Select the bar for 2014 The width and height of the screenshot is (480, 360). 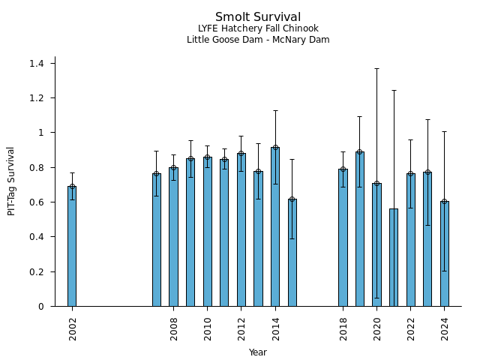coord(275,226)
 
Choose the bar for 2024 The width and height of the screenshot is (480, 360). coord(445,253)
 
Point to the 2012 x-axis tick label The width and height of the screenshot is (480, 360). coord(241,328)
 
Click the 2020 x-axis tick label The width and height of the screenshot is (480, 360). coord(377,328)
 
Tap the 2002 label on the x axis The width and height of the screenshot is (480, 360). coord(73,328)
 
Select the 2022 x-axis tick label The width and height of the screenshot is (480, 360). coord(411,328)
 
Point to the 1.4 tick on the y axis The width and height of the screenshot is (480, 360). coord(37,64)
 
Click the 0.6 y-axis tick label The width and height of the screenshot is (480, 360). coord(37,202)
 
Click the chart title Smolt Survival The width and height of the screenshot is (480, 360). coord(258,17)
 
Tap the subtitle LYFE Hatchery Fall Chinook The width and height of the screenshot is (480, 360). coord(258,29)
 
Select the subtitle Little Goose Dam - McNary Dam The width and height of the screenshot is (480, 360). coord(258,40)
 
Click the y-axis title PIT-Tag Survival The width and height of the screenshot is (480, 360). coord(11,181)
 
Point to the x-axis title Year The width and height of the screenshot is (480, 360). coord(258,352)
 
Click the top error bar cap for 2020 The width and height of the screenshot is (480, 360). coord(376,68)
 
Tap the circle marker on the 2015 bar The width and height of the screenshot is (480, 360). coord(292,199)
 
